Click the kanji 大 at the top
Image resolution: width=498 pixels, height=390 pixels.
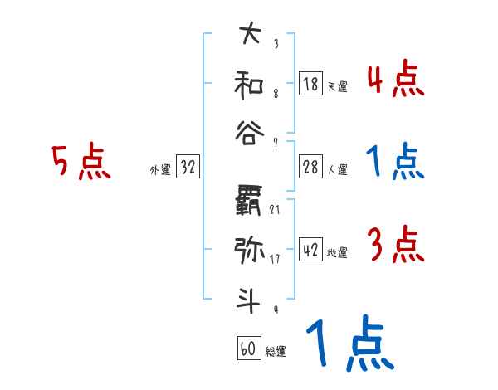point(249,36)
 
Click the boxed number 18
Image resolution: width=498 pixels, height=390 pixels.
point(310,84)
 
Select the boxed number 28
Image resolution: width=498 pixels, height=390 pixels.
point(310,167)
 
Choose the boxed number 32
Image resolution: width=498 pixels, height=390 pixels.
point(188,168)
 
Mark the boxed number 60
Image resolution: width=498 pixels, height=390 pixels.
point(248,349)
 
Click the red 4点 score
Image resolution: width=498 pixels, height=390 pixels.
point(395,80)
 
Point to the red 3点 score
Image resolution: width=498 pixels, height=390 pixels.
point(395,245)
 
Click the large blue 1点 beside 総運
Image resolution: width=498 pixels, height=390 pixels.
point(349,344)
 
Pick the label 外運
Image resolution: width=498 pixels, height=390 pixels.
point(160,170)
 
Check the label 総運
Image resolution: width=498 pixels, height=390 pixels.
point(275,352)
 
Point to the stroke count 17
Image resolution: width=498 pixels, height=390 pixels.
point(274,259)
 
